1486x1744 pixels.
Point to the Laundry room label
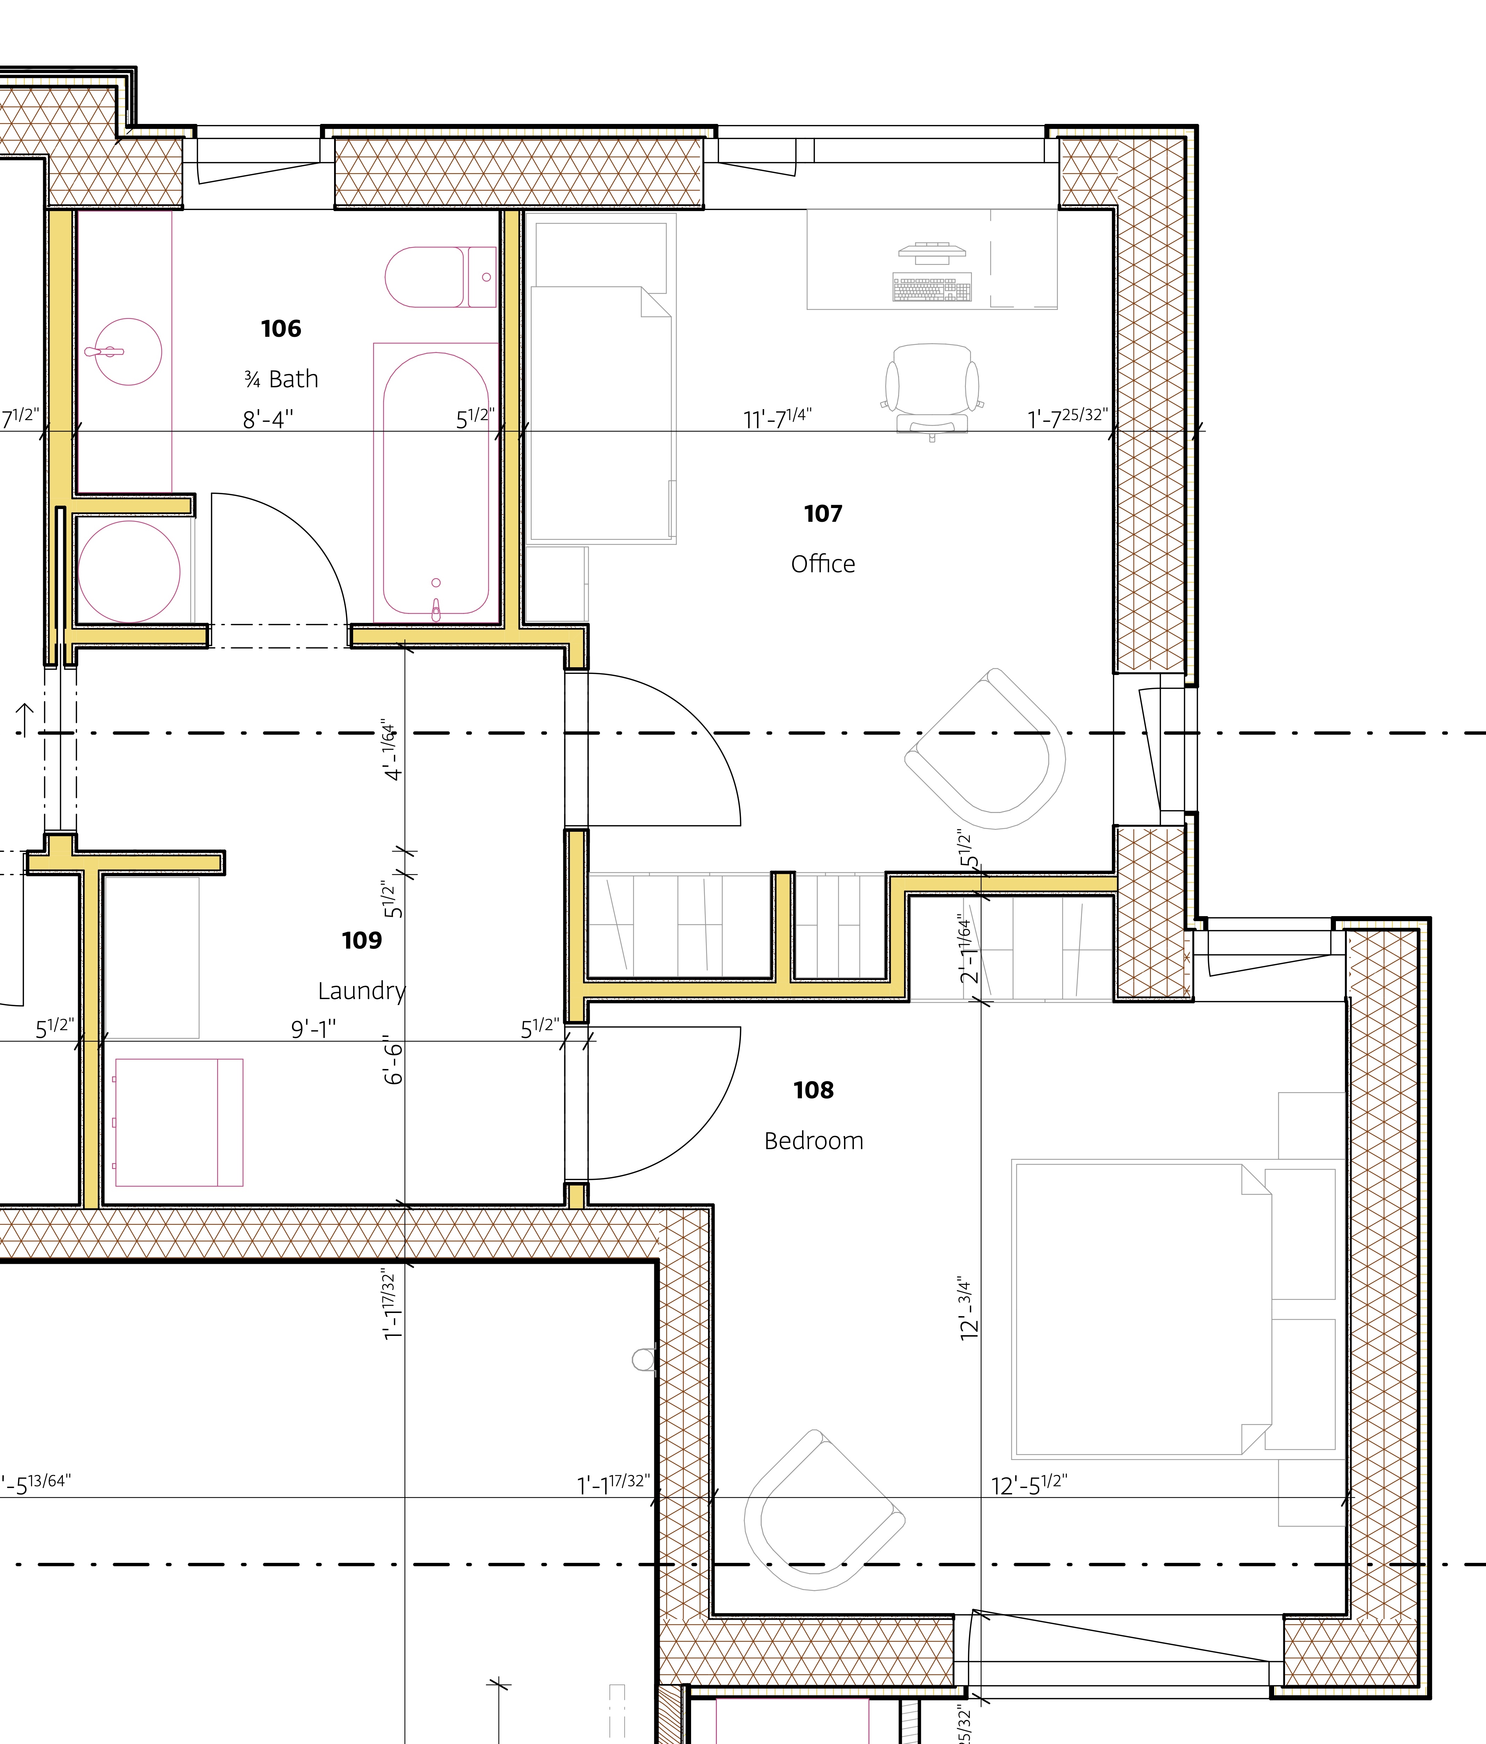pos(362,991)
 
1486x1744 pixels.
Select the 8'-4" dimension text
pos(268,418)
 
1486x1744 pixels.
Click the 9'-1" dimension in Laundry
pos(313,1028)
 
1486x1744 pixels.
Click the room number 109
pos(362,940)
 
